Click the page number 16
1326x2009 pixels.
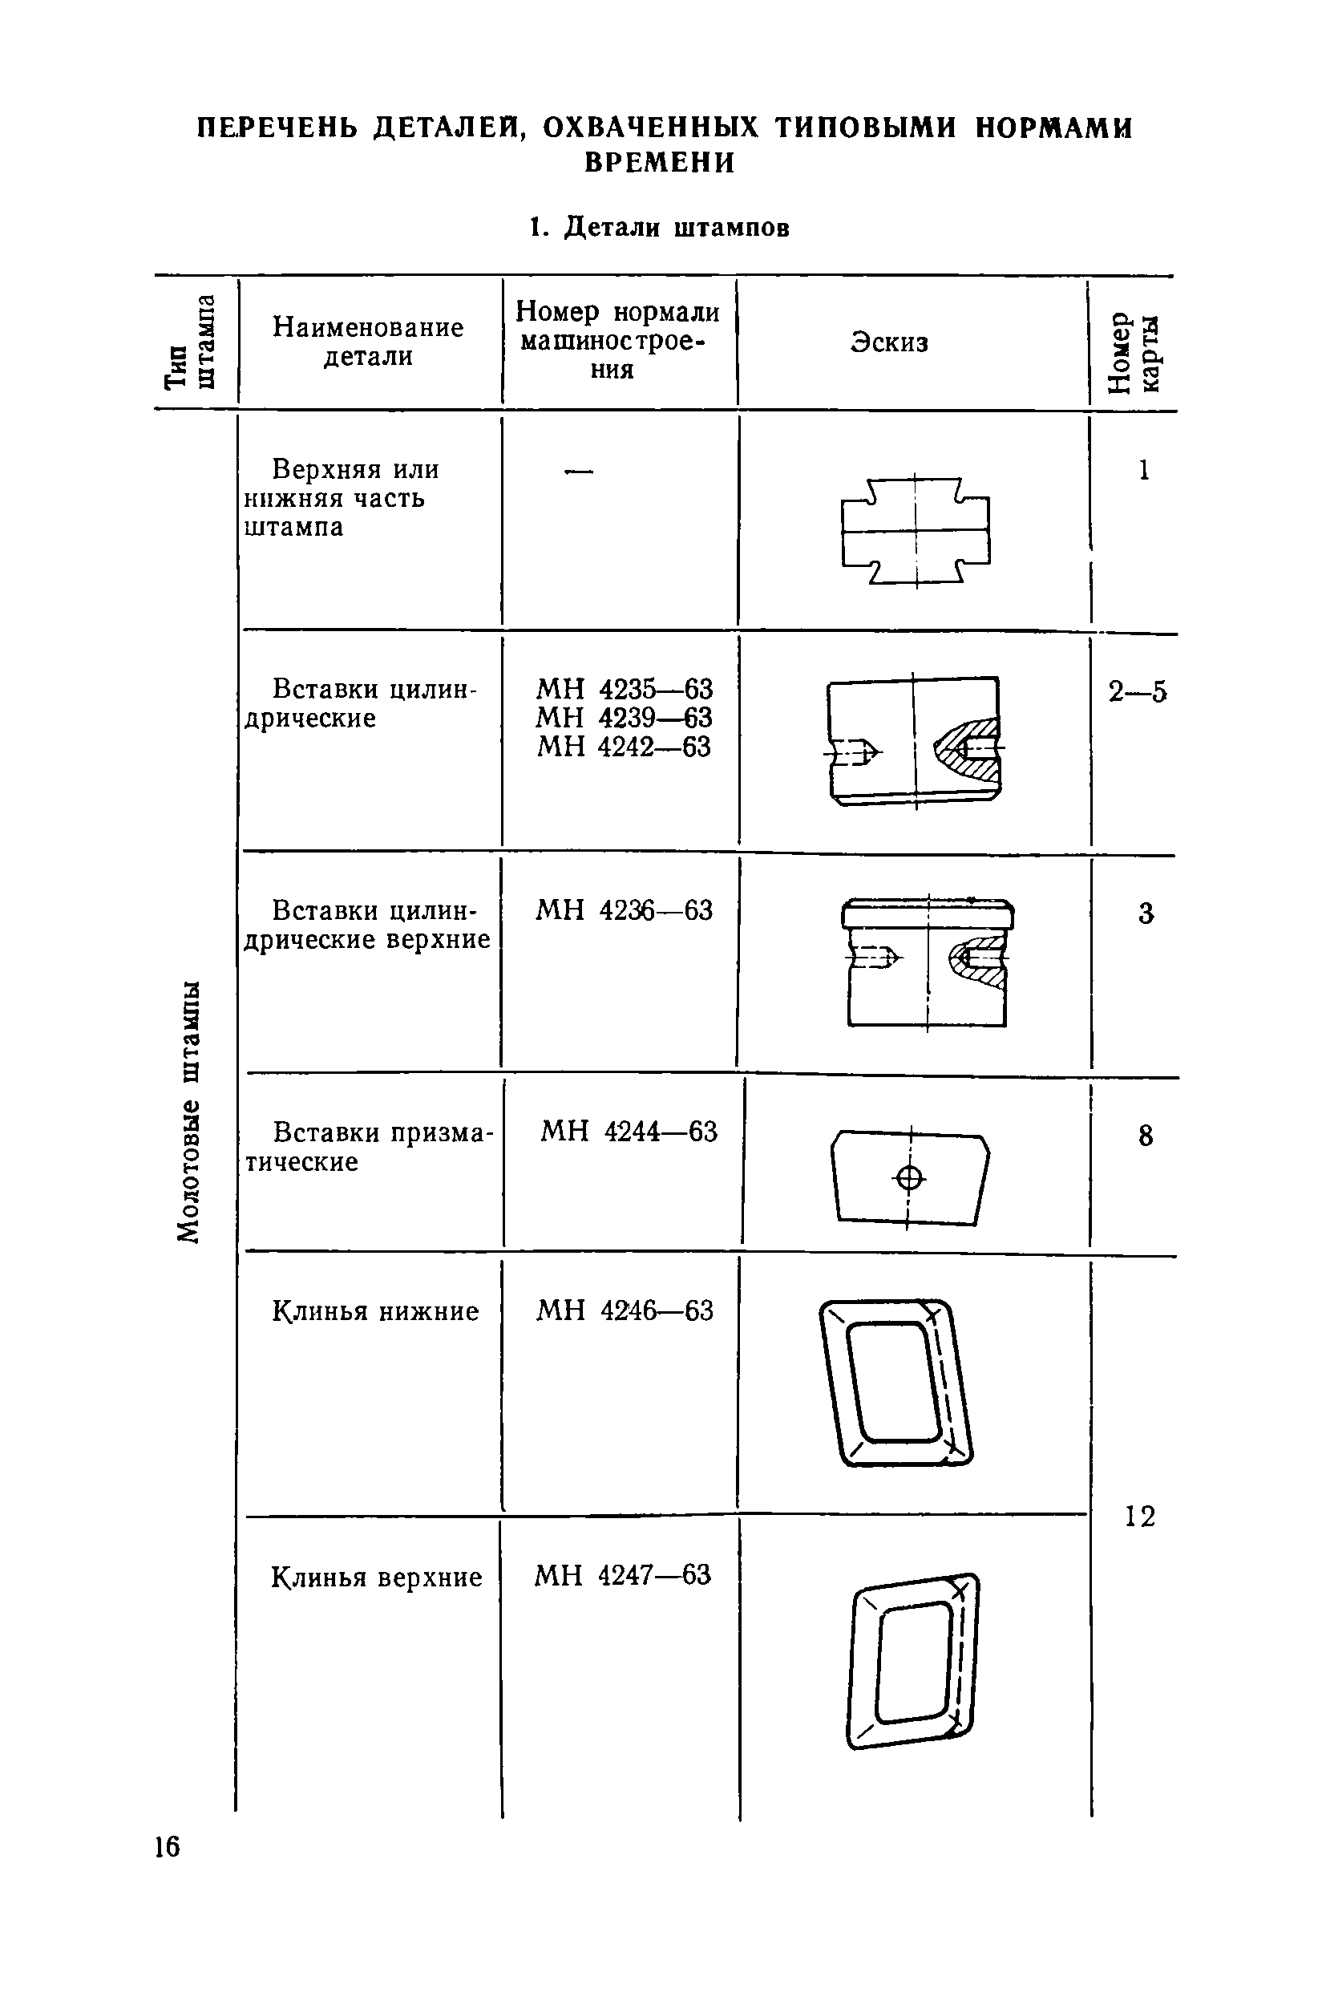tap(168, 1846)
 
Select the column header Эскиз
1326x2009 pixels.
tap(889, 342)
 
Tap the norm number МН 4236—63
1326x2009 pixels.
tap(624, 911)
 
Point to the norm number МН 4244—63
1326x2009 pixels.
tap(629, 1132)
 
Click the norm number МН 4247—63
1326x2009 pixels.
tap(622, 1575)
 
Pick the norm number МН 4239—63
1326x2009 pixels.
tap(624, 718)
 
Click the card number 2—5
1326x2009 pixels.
tap(1138, 693)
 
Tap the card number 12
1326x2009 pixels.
tap(1139, 1516)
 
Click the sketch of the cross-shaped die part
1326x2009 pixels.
tap(916, 531)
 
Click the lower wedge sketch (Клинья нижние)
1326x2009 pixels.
tap(896, 1383)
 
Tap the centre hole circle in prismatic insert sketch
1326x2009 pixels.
tap(910, 1177)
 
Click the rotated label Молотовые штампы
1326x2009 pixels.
tap(189, 1112)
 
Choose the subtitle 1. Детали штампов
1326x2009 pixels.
tap(660, 228)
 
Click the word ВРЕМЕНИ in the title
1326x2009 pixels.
tap(660, 163)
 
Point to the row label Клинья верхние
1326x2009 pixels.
tap(376, 1578)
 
